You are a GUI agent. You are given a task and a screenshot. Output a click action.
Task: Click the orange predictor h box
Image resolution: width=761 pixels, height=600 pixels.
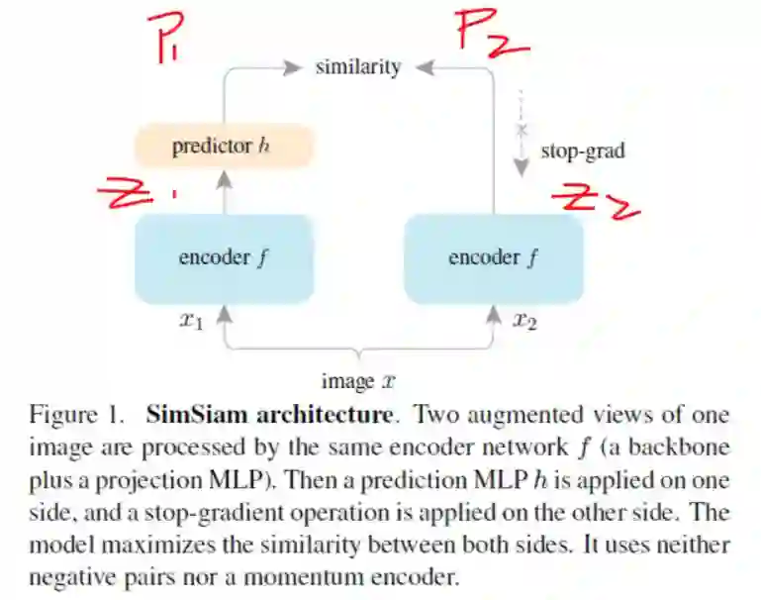[x=224, y=148]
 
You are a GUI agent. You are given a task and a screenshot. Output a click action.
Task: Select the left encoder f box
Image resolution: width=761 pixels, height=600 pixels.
[x=224, y=258]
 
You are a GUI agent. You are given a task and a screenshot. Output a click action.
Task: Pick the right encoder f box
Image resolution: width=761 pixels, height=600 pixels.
[x=493, y=258]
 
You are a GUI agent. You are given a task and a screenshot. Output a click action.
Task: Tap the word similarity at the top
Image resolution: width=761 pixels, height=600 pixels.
[x=358, y=67]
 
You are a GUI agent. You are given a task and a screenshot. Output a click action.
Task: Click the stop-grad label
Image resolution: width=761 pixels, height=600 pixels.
[x=583, y=151]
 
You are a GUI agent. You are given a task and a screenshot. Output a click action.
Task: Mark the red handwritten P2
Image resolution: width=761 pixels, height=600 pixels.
[x=492, y=33]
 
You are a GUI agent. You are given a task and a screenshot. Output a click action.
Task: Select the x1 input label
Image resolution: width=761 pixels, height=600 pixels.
[x=190, y=321]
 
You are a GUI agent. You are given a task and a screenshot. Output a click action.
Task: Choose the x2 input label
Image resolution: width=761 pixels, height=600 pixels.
[x=525, y=321]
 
